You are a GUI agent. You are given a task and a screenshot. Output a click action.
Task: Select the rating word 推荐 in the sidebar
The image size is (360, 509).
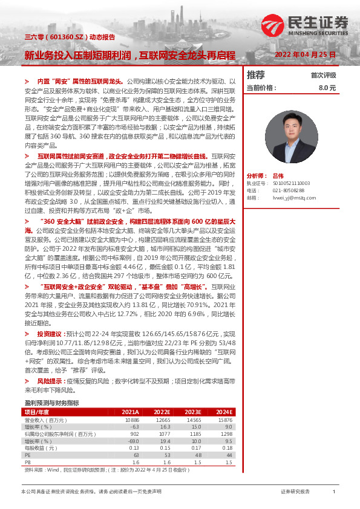256,75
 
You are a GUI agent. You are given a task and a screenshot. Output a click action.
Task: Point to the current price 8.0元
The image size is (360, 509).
327,88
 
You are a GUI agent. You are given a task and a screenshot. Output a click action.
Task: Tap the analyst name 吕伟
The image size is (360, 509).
278,173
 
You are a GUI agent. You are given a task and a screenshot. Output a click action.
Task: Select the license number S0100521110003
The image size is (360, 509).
287,182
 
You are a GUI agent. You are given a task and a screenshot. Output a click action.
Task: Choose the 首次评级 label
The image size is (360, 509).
323,76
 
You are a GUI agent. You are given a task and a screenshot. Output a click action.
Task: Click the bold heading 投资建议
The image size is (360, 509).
49,333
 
